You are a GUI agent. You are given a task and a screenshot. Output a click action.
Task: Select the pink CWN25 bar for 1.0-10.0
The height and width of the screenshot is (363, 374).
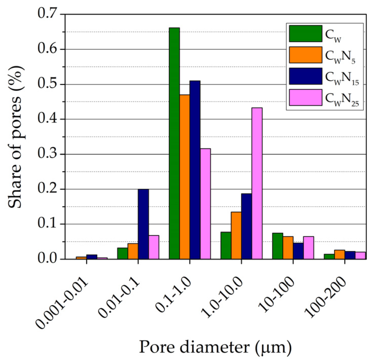[x=257, y=183]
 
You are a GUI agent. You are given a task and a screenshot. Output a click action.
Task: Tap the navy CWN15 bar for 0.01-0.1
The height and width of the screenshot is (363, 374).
[x=143, y=224]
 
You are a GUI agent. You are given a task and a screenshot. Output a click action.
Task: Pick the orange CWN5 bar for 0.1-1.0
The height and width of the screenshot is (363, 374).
[x=185, y=177]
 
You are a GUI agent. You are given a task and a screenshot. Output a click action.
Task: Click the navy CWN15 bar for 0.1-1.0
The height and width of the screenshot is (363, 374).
[x=195, y=170]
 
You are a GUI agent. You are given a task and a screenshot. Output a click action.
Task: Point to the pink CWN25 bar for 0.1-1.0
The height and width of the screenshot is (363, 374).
[x=205, y=204]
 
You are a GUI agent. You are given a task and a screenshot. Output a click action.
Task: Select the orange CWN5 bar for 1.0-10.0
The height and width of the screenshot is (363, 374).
[x=236, y=235]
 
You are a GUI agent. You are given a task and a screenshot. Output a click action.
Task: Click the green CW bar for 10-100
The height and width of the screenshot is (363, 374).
[x=278, y=246]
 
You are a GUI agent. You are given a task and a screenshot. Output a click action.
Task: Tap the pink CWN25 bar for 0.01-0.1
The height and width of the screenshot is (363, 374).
[x=154, y=247]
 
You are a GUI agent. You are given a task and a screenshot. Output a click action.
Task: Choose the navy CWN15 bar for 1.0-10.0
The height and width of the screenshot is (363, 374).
[x=247, y=226]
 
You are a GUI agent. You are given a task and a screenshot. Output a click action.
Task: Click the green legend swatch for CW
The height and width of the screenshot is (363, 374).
[x=306, y=34]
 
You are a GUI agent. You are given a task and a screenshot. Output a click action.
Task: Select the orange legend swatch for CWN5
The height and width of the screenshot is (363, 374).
[x=306, y=55]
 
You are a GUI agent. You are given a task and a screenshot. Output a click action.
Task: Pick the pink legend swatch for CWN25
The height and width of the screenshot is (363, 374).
[x=306, y=97]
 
